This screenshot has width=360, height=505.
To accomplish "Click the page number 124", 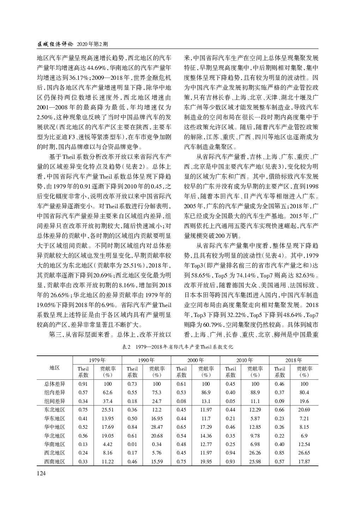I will pyautogui.click(x=42, y=474).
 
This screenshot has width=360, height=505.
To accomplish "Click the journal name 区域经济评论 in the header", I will pyautogui.click(x=55, y=44).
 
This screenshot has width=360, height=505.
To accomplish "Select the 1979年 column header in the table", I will pyautogui.click(x=97, y=360).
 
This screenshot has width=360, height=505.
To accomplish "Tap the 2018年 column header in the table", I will pyautogui.click(x=293, y=360).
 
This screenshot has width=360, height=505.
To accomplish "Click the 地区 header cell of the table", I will pyautogui.click(x=55, y=368).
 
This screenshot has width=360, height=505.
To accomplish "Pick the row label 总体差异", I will pyautogui.click(x=55, y=384).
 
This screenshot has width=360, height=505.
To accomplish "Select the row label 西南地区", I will pyautogui.click(x=55, y=461).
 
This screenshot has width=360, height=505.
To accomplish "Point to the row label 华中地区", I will pyautogui.click(x=55, y=427).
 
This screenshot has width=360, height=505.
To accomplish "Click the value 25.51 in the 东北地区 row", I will pyautogui.click(x=107, y=410).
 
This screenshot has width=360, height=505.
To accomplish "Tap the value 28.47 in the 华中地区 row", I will pyautogui.click(x=157, y=427).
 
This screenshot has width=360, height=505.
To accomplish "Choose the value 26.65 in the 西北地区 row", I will pyautogui.click(x=304, y=453).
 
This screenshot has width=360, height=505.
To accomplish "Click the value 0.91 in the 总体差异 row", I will pyautogui.click(x=83, y=384).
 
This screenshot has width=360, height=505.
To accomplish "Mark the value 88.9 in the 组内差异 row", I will pyautogui.click(x=255, y=392).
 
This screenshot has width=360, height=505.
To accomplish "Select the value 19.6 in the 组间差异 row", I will pyautogui.click(x=304, y=401).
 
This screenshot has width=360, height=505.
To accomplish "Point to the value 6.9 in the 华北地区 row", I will pyautogui.click(x=304, y=435).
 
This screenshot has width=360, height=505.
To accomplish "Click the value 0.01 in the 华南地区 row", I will pyautogui.click(x=132, y=444).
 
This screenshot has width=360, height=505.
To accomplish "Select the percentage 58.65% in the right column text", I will pyautogui.click(x=194, y=275).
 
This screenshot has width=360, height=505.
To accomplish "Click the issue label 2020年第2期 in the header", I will pyautogui.click(x=92, y=44).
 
